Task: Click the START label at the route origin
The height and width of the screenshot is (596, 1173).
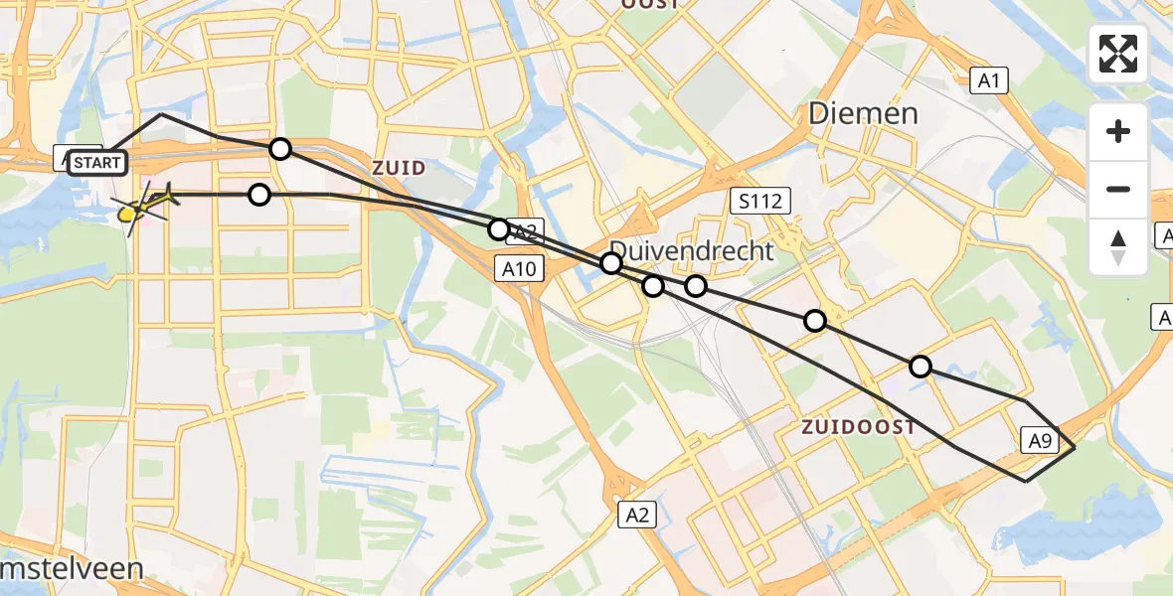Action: point(98,162)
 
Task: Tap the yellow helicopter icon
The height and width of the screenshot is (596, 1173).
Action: point(146,204)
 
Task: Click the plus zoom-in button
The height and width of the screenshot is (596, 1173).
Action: point(1118,131)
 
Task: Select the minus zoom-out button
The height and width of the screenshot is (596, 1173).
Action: point(1118,189)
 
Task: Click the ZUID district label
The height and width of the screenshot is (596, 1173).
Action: point(399,168)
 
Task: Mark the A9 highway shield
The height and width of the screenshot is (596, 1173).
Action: point(1040,440)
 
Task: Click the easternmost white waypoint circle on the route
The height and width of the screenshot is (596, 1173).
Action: point(921,367)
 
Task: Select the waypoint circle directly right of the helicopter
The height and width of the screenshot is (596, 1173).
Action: point(259,195)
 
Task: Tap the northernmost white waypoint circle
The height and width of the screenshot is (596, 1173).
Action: point(280,149)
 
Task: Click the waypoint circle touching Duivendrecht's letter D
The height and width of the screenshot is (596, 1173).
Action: point(611,263)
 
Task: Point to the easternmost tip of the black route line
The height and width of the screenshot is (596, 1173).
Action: point(1076,449)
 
